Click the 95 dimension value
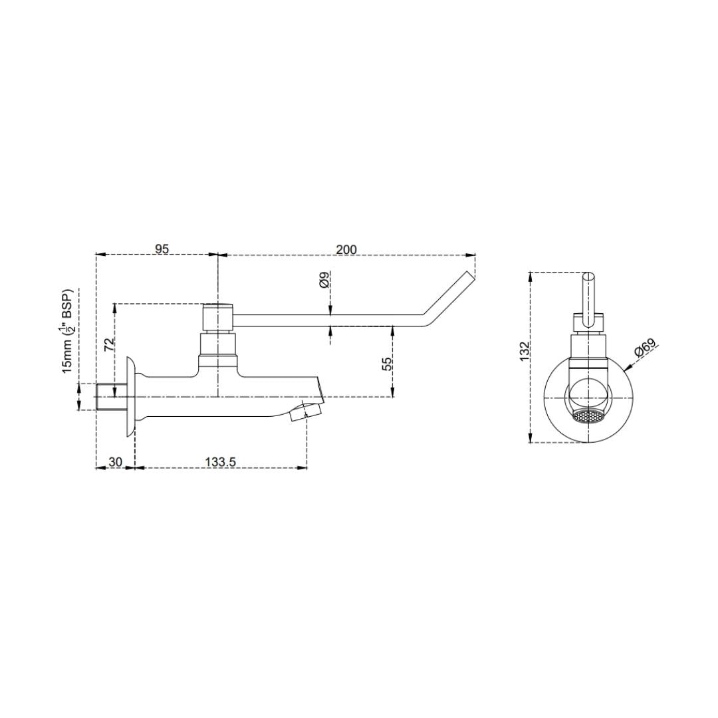tap(162, 249)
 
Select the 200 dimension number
tap(346, 249)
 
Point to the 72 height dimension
tap(110, 344)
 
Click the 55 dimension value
tap(387, 363)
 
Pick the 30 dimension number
tap(116, 461)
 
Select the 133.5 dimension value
tap(220, 461)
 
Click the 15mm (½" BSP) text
tap(68, 332)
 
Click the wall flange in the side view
tap(131, 397)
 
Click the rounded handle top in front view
tap(588, 277)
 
